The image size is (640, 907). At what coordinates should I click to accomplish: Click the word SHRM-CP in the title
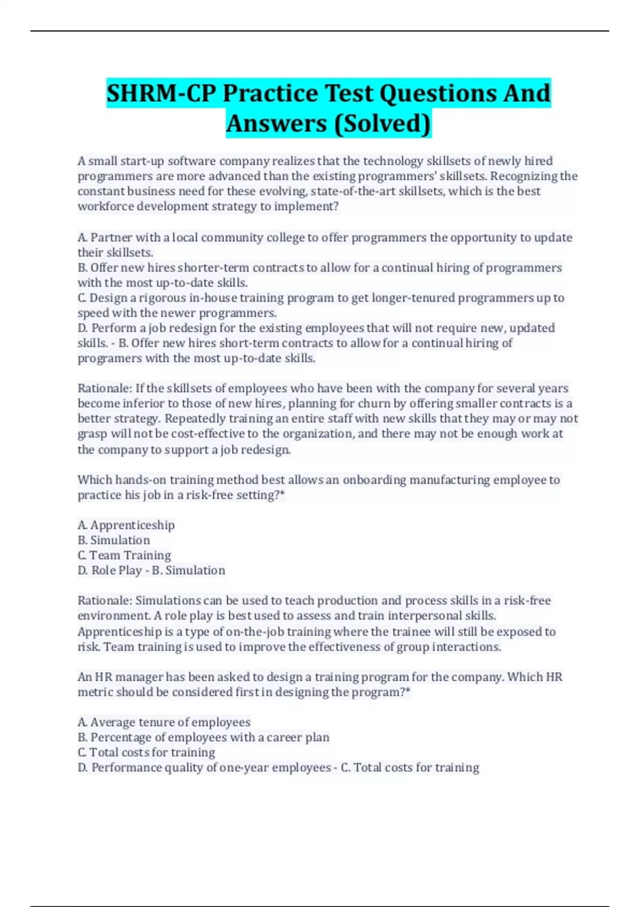coord(162,93)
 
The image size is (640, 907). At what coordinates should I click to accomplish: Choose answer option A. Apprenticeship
coord(126,526)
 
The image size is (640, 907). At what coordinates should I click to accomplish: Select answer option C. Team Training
coord(124,555)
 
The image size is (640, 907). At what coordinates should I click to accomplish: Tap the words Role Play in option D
coord(117,571)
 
